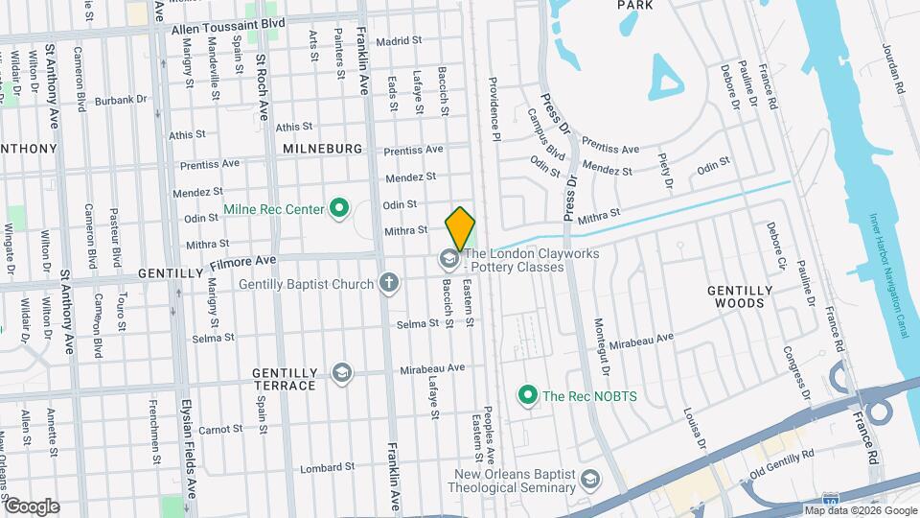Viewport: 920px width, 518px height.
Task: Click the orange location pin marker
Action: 460,228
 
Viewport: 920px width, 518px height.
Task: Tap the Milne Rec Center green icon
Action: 338,207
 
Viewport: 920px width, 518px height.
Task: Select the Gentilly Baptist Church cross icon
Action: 388,283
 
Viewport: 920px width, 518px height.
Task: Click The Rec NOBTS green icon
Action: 526,394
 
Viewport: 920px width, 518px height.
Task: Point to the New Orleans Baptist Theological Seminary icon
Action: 592,478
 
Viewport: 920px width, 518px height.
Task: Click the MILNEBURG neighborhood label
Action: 322,150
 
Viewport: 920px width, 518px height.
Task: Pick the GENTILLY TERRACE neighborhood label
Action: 284,379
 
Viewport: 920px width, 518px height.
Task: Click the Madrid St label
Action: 399,41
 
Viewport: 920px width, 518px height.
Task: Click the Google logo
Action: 32,506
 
